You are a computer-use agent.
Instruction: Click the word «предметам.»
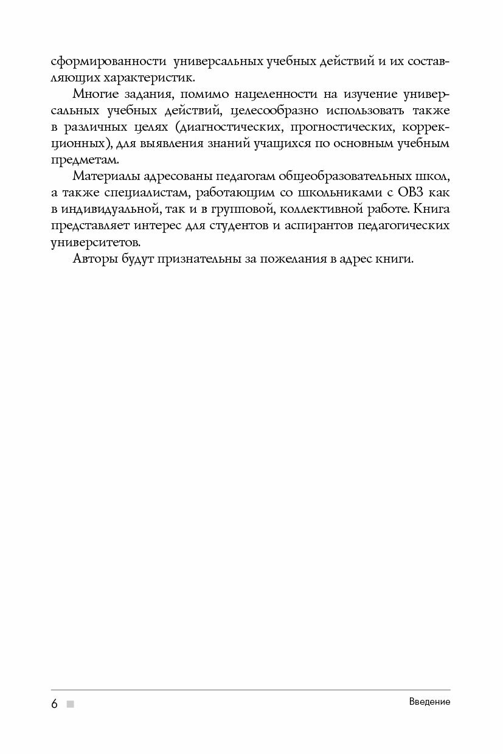(x=78, y=160)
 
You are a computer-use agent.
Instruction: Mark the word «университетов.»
(x=95, y=242)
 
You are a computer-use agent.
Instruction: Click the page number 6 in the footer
(x=54, y=704)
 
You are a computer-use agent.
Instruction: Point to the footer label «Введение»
(x=429, y=702)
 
